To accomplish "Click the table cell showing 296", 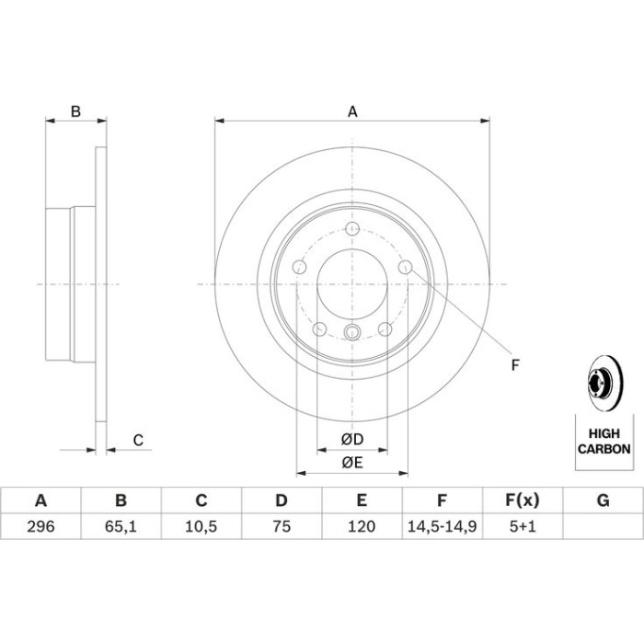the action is click(x=40, y=526).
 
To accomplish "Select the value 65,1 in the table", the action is click(x=121, y=526).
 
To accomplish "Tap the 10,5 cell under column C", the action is click(x=201, y=526).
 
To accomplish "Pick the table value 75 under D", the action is click(x=282, y=526).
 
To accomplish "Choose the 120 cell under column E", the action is click(x=362, y=526).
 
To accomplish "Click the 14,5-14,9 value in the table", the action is click(x=442, y=526).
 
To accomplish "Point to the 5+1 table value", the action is click(x=523, y=526).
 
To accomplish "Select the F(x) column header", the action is click(x=522, y=500).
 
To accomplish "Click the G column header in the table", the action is click(x=603, y=500).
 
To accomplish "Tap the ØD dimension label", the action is click(x=352, y=440).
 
